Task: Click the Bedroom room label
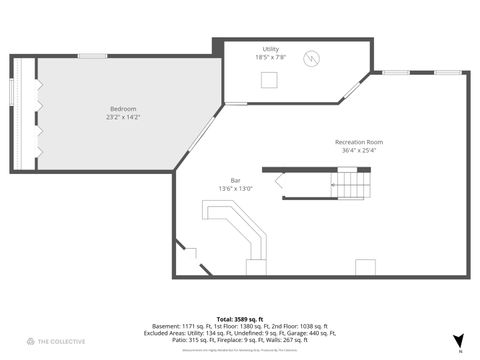tap(123, 108)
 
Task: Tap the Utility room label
tap(271, 49)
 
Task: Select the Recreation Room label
tap(359, 142)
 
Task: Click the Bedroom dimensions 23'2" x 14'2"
tap(123, 117)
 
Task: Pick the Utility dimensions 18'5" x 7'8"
tap(271, 57)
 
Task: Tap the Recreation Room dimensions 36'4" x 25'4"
tap(359, 151)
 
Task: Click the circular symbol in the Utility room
tap(313, 57)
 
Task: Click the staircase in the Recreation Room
tap(350, 185)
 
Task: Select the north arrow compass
tap(459, 341)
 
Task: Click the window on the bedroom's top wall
tap(93, 55)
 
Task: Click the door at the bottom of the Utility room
tap(236, 102)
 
